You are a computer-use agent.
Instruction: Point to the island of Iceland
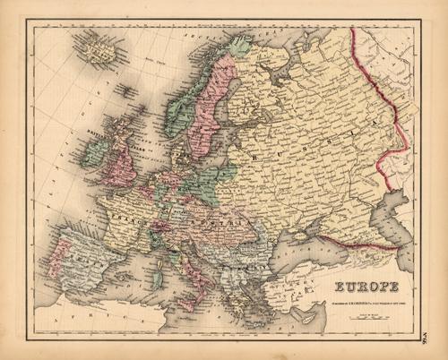[98, 47]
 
